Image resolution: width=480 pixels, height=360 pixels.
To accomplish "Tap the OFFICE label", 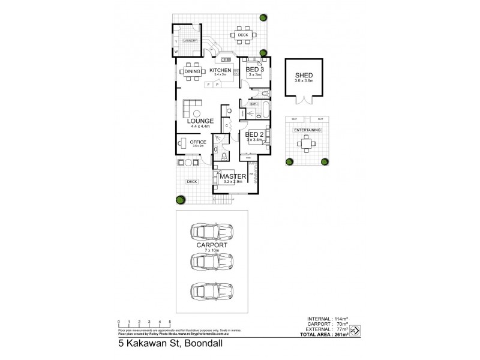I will [199, 142].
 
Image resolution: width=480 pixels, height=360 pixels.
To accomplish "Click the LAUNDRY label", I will [190, 41].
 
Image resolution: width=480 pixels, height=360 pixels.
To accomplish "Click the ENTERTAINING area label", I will [307, 130].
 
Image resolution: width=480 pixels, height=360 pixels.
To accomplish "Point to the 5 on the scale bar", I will [170, 322].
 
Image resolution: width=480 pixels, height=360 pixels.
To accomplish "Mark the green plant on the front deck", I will [179, 200].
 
